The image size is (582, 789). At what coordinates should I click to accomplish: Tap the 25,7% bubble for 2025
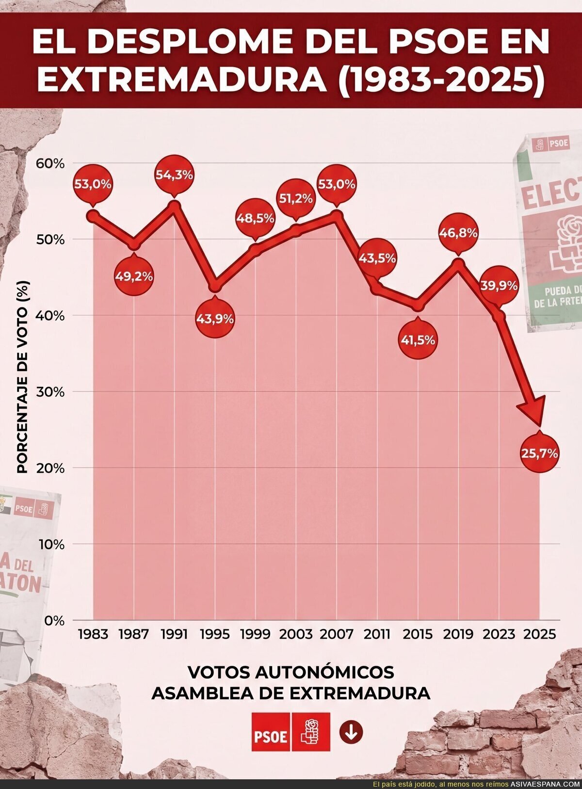coord(539,454)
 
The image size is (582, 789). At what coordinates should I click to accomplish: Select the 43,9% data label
coord(215,319)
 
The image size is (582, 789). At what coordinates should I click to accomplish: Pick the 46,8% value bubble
coord(458,232)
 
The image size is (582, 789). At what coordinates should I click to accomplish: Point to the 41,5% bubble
coord(418,339)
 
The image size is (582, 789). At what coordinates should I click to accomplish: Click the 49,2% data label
coord(134,276)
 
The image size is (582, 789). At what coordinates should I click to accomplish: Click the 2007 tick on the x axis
coord(337,634)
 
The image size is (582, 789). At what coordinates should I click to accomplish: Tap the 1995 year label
coord(215,634)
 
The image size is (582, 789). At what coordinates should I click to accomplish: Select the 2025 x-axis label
coord(539,634)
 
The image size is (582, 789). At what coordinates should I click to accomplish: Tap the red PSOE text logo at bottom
coord(271,732)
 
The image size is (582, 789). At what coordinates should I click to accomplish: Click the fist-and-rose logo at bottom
coord(311,732)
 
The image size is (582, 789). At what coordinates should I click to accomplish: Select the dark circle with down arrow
coord(352,732)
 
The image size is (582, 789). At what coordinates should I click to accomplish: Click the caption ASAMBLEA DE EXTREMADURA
coord(291,693)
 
